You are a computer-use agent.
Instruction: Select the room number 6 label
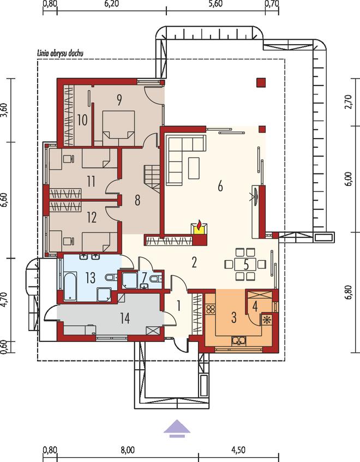(220, 187)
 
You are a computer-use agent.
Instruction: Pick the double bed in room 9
(118, 128)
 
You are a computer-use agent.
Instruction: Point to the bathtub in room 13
(70, 286)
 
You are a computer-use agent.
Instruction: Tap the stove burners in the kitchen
(211, 309)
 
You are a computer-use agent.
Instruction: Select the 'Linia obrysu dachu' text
(60, 53)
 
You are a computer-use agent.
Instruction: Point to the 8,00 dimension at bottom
(127, 450)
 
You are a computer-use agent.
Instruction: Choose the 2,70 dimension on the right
(348, 101)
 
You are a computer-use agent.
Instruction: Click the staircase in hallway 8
(152, 179)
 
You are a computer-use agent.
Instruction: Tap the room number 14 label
(125, 318)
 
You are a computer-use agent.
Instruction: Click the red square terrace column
(261, 82)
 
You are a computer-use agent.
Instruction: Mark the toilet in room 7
(156, 278)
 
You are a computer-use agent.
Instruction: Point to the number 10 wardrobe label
(82, 120)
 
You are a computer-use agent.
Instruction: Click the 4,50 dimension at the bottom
(238, 450)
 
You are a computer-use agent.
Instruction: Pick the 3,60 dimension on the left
(4, 110)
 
